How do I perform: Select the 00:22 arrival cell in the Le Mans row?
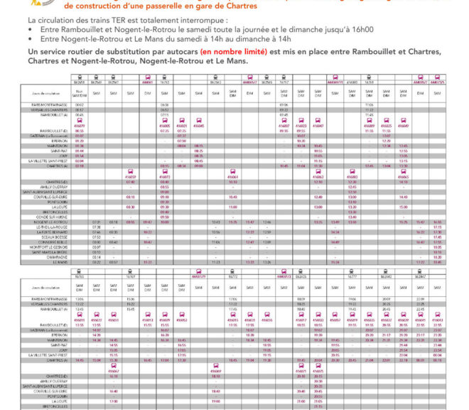79,261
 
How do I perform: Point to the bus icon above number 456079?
131,171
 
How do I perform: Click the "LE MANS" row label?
60,261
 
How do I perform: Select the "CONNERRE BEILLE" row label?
53,242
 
